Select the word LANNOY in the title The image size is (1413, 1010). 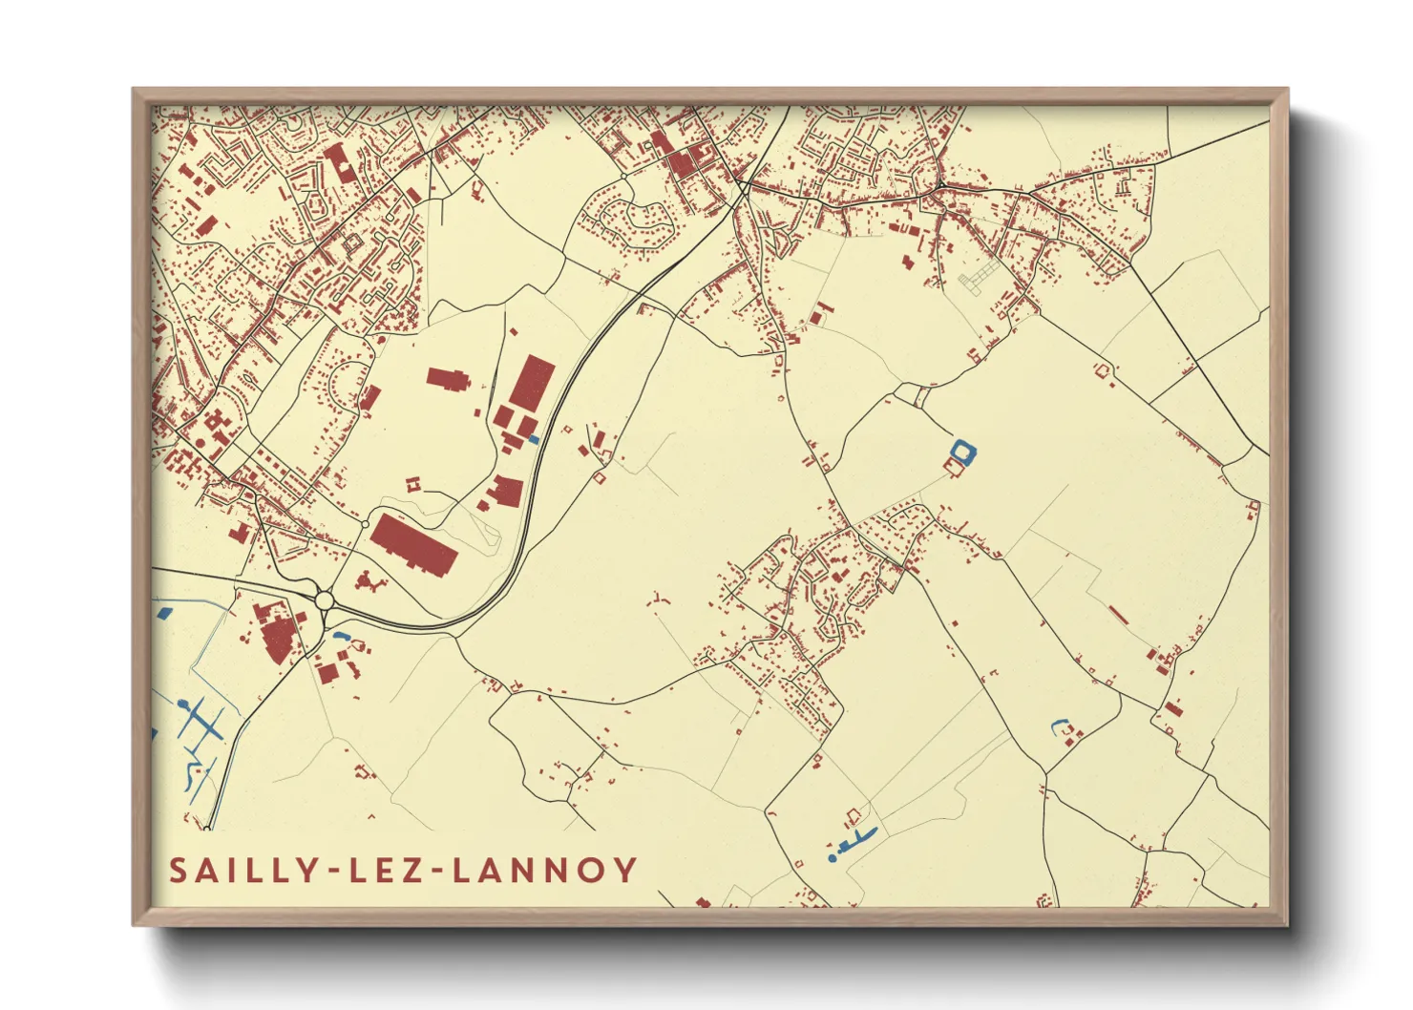coord(543,870)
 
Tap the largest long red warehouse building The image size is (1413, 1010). coord(413,544)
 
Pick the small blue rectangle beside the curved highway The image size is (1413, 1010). coord(534,439)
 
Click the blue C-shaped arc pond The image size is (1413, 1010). coord(1058,726)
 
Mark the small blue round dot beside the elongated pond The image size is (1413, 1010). coord(833,858)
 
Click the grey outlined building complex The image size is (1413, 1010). coord(976,280)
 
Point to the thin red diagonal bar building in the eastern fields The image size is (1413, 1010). coord(1118,615)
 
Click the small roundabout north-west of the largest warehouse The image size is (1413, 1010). coord(365,524)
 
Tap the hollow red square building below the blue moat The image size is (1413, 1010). coord(952,465)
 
